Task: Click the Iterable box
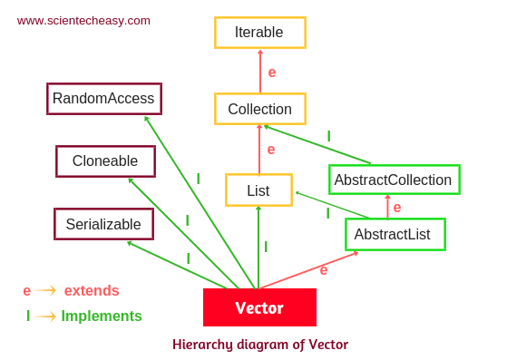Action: [x=259, y=33]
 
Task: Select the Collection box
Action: [x=259, y=109]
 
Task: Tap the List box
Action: [x=258, y=190]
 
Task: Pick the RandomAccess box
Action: [x=103, y=99]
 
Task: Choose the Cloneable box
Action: [x=105, y=161]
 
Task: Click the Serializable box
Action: [x=103, y=224]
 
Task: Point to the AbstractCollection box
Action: [x=394, y=180]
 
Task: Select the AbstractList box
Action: [x=395, y=234]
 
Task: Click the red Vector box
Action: [x=259, y=307]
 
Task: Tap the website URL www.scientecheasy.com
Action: [x=83, y=20]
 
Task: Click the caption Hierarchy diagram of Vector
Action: [x=260, y=345]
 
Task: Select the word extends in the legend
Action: [x=92, y=291]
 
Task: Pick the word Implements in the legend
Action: [x=102, y=316]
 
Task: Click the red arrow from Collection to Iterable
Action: [x=260, y=71]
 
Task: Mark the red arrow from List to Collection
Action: [x=259, y=149]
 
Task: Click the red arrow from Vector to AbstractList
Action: [x=308, y=270]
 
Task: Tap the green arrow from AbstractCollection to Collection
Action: [x=317, y=145]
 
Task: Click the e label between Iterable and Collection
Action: [x=272, y=72]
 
